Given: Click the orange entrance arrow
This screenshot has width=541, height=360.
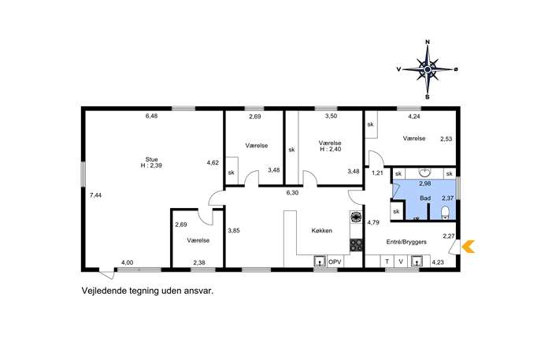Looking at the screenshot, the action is click(469, 247).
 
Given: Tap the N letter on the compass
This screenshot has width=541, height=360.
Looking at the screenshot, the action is click(428, 42).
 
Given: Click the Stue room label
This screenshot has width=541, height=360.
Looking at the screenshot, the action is click(151, 159).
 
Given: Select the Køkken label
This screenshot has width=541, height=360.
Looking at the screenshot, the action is click(321, 231).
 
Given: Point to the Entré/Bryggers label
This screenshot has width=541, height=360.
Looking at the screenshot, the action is click(406, 242).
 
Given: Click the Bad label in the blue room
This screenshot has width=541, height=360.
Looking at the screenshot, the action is click(425, 199).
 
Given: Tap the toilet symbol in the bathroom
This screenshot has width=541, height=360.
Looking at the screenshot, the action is click(445, 213).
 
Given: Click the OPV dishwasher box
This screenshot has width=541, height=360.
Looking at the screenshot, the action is click(335, 262).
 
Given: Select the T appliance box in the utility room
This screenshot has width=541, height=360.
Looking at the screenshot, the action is click(387, 262).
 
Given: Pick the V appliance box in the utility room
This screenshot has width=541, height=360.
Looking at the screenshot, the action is click(401, 262).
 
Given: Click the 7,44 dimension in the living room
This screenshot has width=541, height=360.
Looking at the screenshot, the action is click(95, 195).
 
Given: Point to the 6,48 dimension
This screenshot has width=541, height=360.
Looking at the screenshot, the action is click(151, 117).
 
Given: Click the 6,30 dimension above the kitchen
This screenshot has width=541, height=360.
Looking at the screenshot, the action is click(292, 193).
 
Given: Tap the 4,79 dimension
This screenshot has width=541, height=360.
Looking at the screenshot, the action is click(373, 223).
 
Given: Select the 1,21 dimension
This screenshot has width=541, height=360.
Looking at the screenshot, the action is click(377, 173).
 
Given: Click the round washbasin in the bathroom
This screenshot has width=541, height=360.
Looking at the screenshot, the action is click(424, 172).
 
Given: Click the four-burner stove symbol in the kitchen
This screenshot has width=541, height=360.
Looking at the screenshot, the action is click(357, 245).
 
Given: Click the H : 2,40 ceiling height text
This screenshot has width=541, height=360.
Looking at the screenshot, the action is click(330, 149).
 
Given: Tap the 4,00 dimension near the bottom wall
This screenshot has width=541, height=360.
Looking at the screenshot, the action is click(127, 262).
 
